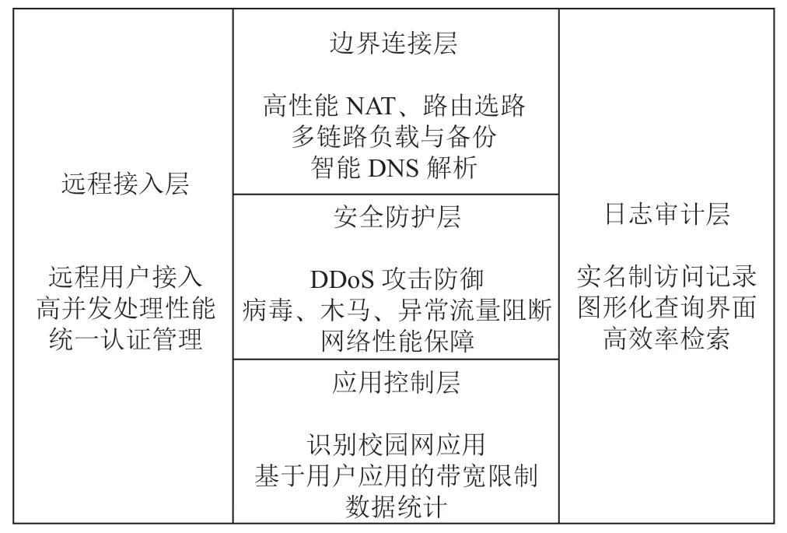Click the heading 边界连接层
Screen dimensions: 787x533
pyautogui.click(x=393, y=43)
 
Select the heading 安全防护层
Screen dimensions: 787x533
pyautogui.click(x=397, y=217)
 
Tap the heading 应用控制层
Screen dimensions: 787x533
pyautogui.click(x=396, y=383)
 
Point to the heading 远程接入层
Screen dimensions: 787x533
pyautogui.click(x=125, y=184)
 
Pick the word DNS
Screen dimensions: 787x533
pyautogui.click(x=393, y=168)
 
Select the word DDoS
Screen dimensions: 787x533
pyautogui.click(x=342, y=280)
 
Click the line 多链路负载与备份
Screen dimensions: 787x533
pyautogui.click(x=394, y=137)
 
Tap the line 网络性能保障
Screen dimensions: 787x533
pyautogui.click(x=397, y=341)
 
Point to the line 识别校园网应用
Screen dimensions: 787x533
pyautogui.click(x=396, y=445)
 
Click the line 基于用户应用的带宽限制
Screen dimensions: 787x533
pyautogui.click(x=396, y=475)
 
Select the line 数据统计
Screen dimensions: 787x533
pyautogui.click(x=396, y=507)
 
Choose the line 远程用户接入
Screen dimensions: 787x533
pyautogui.click(x=125, y=277)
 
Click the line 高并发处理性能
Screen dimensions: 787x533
pyautogui.click(x=125, y=308)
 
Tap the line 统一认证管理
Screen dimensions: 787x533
pyautogui.click(x=125, y=339)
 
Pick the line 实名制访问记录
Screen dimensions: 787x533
pyautogui.click(x=666, y=276)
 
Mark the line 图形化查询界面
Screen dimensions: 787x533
pyautogui.click(x=666, y=307)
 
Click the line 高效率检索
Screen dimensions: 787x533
pyautogui.click(x=666, y=338)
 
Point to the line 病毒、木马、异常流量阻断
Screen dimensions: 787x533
pyautogui.click(x=397, y=310)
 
